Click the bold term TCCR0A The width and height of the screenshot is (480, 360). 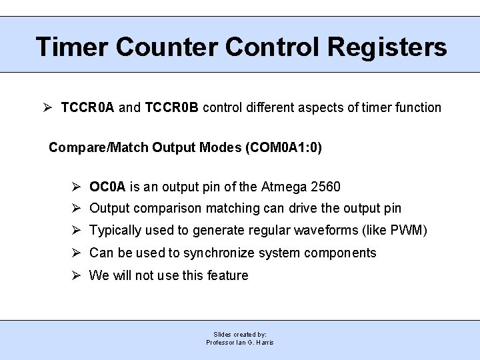(87, 107)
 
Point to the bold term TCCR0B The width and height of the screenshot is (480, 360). (171, 107)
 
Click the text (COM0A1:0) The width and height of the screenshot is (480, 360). (284, 147)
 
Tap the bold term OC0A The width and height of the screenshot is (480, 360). (108, 187)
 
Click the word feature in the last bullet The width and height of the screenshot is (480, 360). (227, 275)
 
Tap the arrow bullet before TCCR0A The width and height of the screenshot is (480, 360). (46, 107)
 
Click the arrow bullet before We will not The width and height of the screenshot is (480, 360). (76, 275)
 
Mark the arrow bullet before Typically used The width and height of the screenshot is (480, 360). (76, 230)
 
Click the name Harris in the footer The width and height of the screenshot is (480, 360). (264, 343)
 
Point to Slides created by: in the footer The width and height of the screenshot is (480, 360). (240, 334)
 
